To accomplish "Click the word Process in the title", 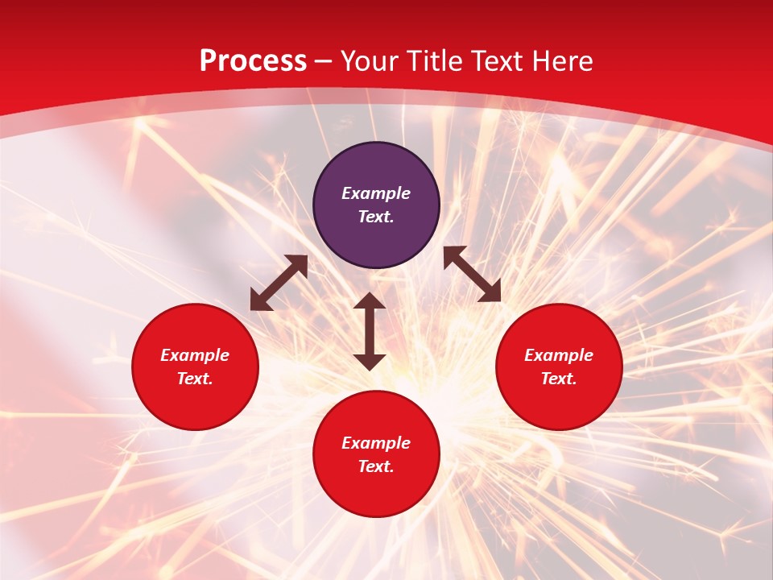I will [x=253, y=61].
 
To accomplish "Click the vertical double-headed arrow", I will [x=370, y=331].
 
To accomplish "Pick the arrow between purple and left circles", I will [x=279, y=283].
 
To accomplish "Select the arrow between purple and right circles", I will [x=472, y=274].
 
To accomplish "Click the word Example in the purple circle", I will [x=376, y=193].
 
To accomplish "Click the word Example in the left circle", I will [x=195, y=355].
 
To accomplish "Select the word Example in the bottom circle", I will [x=376, y=443].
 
